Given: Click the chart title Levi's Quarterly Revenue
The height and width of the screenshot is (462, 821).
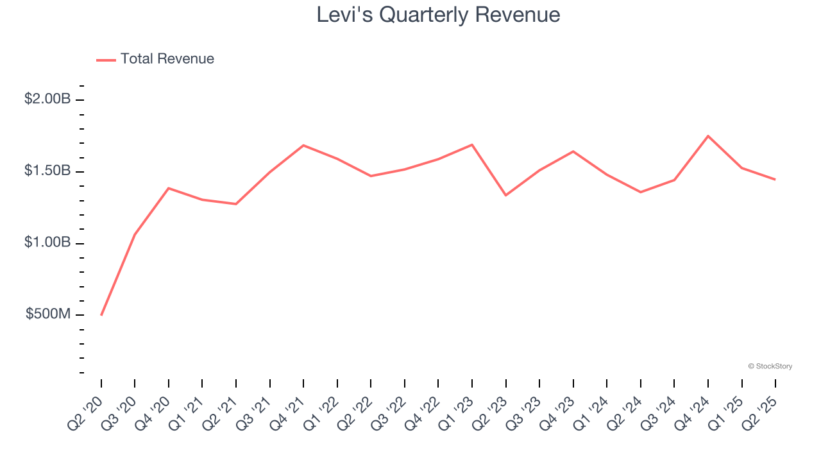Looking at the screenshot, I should (438, 15).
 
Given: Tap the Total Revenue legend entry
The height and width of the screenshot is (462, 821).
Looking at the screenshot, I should (155, 59).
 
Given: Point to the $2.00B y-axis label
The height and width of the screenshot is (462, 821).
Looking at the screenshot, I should (48, 99).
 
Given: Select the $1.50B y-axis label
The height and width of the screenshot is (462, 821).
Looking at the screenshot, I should (48, 171).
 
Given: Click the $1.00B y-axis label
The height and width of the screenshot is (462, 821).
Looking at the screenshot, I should (48, 243).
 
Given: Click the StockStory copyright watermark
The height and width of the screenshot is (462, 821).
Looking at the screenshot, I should (770, 366).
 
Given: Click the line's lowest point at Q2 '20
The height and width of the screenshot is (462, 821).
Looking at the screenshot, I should (101, 315).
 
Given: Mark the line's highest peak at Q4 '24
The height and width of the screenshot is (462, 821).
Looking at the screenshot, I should (708, 136).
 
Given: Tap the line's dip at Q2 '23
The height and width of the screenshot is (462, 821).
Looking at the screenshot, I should (506, 195).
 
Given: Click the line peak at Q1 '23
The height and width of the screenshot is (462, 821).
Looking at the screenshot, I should (472, 144).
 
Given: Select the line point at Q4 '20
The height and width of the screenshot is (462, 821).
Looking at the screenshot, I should (169, 188).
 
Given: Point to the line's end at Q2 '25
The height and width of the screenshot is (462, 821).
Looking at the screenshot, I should (775, 180).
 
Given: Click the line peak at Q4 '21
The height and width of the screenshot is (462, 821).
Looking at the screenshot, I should (303, 145).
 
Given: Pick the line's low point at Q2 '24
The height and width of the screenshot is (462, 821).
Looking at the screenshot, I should (641, 192).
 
